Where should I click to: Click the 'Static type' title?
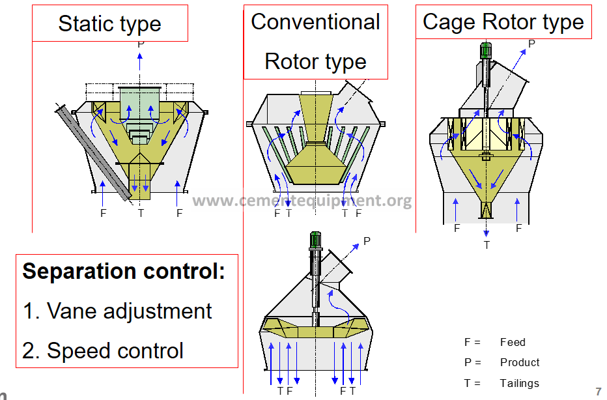tap(109, 24)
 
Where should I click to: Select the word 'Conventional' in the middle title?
tap(315, 21)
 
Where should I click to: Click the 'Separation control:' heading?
tap(124, 271)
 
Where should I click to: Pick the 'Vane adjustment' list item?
tap(129, 311)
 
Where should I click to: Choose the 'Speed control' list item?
tap(115, 350)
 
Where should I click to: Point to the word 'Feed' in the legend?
tap(513, 342)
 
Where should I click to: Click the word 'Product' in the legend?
tap(520, 362)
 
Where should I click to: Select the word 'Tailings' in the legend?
tap(520, 383)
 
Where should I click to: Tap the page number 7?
tap(599, 392)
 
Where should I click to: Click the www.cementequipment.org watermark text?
tap(302, 200)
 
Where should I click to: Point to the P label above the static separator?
tap(141, 44)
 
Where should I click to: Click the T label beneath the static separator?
tap(141, 212)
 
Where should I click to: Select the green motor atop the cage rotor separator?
tap(485, 50)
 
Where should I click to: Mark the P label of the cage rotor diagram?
tap(531, 44)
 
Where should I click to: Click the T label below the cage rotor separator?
tap(487, 245)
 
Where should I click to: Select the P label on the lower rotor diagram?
tap(367, 241)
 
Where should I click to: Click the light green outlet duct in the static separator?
tap(139, 104)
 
